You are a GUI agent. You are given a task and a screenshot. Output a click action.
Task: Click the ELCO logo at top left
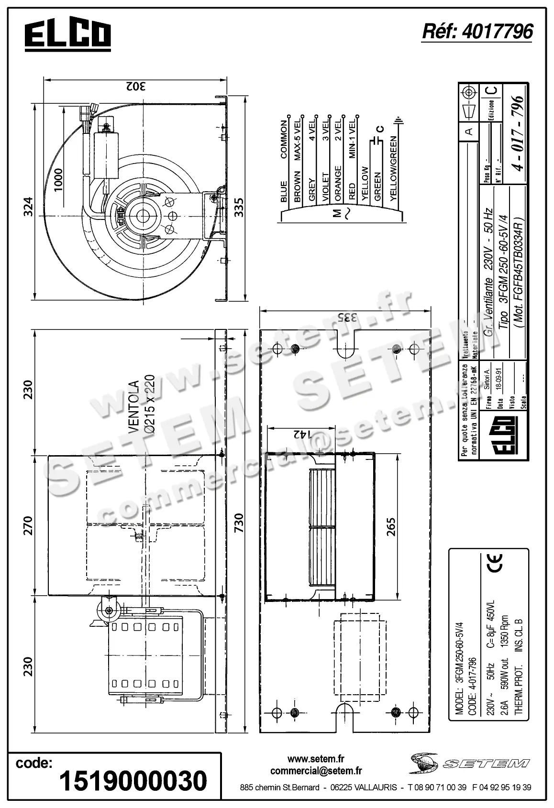coord(67,35)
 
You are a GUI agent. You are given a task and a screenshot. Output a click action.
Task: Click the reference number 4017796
coord(477,32)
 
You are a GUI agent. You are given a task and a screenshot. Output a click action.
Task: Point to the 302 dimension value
coord(136,87)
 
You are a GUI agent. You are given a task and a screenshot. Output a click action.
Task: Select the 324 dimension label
coord(28,206)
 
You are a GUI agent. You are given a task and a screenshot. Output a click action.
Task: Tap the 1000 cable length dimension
coord(58,180)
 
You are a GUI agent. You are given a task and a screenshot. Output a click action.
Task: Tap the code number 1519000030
coord(133,781)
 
